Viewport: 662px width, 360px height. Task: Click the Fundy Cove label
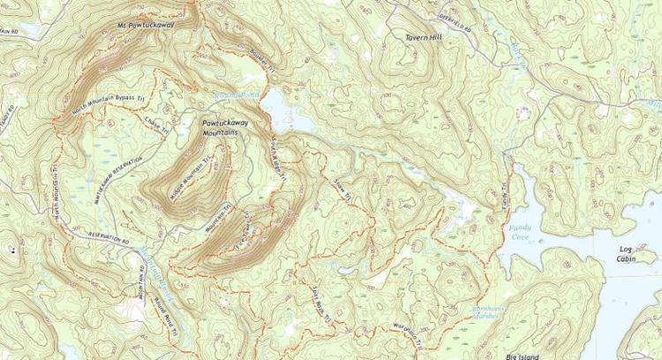pos(522,232)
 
